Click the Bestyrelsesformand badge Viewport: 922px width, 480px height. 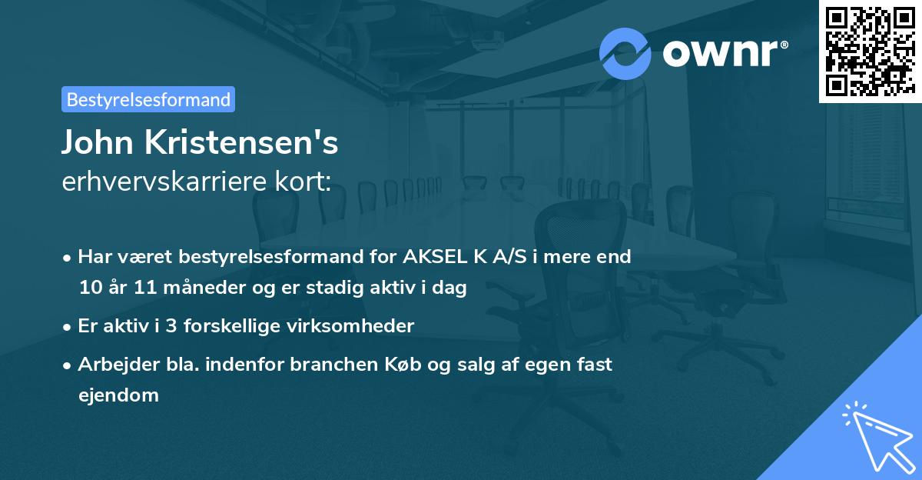click(x=148, y=99)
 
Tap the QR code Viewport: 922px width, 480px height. click(x=871, y=51)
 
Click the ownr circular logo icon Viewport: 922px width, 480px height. click(x=625, y=53)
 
